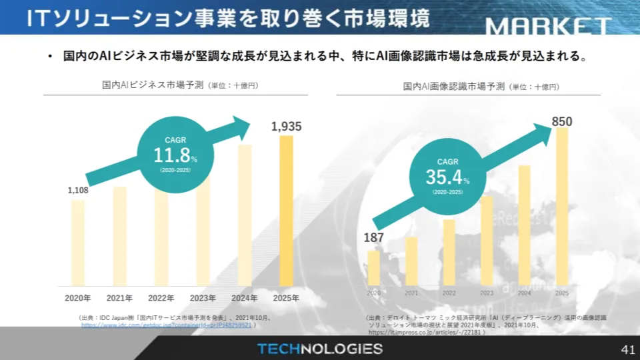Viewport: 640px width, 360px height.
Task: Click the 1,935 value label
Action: [287, 126]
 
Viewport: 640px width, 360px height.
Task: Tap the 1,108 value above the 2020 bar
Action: [78, 191]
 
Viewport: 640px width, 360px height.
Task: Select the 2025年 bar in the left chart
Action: [286, 211]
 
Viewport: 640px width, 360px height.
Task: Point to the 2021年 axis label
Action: [120, 297]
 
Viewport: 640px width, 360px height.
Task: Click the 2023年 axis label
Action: [203, 297]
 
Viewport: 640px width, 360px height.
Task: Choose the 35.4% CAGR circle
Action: [447, 176]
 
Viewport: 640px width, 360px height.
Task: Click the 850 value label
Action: [562, 121]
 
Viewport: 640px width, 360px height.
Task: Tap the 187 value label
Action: [374, 238]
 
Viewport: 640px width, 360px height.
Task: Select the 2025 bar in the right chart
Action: [561, 206]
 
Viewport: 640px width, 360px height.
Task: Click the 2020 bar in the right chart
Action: [374, 267]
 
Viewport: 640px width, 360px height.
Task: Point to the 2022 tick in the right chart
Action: [449, 293]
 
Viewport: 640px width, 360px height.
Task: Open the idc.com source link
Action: [166, 325]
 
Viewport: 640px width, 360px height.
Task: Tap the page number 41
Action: [627, 349]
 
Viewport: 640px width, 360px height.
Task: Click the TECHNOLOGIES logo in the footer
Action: [320, 349]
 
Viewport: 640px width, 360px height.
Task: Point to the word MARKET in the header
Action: [548, 27]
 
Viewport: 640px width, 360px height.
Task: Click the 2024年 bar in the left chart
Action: [245, 215]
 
